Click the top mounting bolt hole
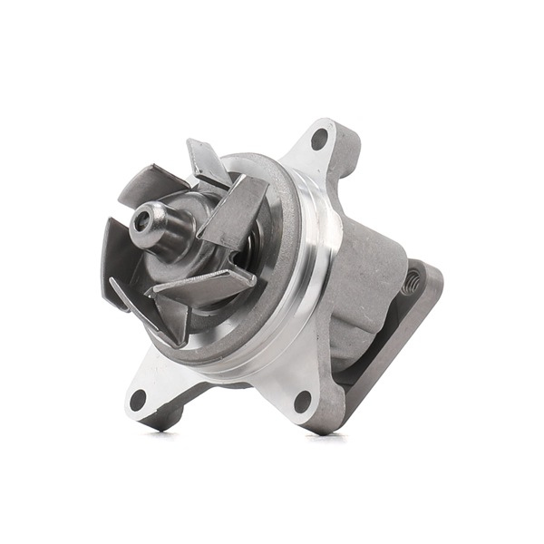coord(318,139)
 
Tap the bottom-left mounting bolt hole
coord(138,399)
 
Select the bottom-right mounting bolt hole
coord(303,400)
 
